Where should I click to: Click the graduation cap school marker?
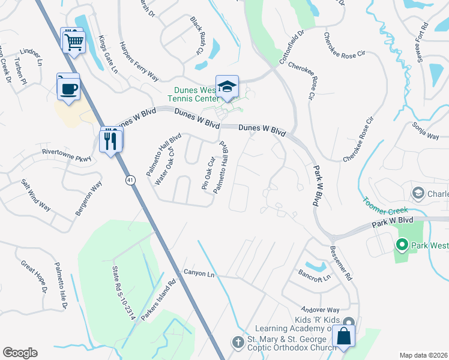point(228,88)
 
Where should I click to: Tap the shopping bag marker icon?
point(345,337)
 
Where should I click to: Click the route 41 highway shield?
point(130,179)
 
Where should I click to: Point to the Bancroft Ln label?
point(315,276)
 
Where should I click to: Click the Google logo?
point(20,352)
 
